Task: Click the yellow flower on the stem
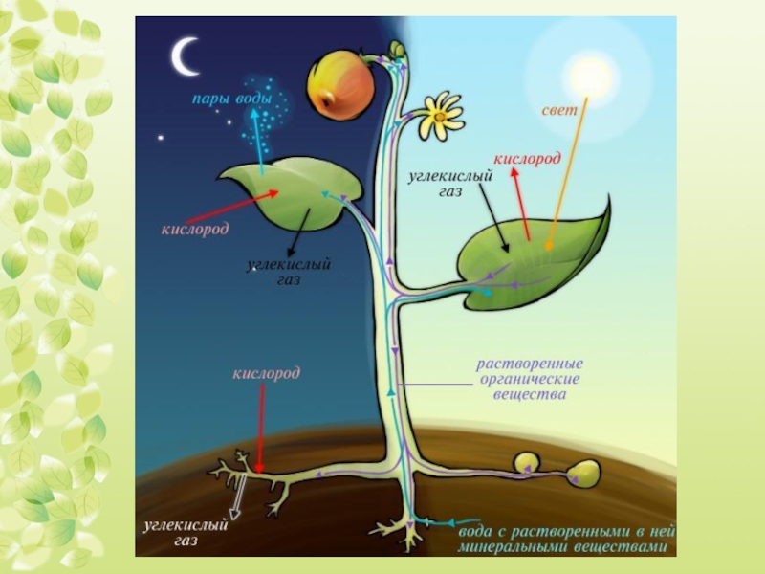(441, 114)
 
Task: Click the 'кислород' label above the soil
(267, 371)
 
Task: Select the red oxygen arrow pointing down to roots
(260, 421)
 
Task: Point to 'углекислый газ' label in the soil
(185, 533)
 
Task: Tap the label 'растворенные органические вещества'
(532, 379)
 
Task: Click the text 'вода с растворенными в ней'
(567, 530)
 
